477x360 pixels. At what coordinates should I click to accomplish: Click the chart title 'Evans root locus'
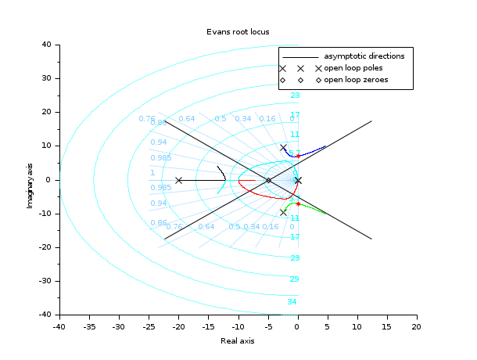click(238, 32)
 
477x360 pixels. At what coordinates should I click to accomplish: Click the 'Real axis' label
click(238, 340)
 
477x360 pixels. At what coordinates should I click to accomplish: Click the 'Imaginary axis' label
click(29, 180)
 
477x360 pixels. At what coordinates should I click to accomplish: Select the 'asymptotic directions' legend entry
click(364, 56)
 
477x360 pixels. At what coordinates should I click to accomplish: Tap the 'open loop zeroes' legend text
click(356, 80)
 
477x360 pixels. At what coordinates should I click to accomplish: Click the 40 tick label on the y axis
click(46, 45)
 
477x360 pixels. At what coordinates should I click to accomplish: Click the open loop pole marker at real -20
click(178, 180)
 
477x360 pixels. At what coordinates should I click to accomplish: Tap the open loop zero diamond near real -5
click(268, 180)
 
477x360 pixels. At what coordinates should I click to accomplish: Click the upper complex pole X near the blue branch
click(283, 147)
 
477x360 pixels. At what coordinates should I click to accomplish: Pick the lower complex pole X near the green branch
click(283, 212)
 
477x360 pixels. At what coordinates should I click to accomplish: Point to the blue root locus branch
click(313, 150)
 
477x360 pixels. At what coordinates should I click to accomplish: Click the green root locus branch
click(313, 209)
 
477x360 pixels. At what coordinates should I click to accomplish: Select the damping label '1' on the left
click(152, 173)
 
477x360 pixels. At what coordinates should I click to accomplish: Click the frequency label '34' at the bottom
click(292, 302)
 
